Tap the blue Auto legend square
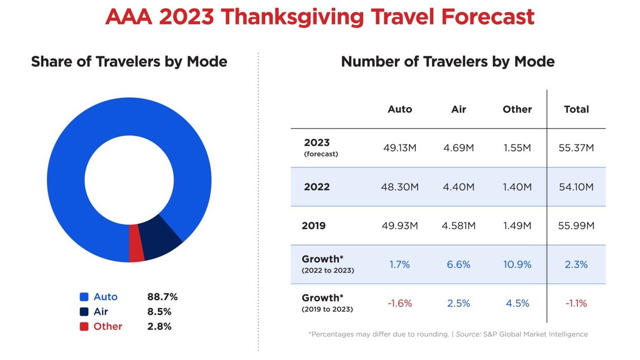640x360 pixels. pyautogui.click(x=84, y=297)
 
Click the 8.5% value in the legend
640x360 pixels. pyautogui.click(x=159, y=312)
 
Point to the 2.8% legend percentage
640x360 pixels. pyautogui.click(x=159, y=327)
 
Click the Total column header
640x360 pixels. pyautogui.click(x=576, y=109)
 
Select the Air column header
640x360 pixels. pyautogui.click(x=459, y=109)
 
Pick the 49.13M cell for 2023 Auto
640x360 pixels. pyautogui.click(x=399, y=148)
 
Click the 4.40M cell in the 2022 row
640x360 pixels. pyautogui.click(x=459, y=187)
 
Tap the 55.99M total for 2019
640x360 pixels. pyautogui.click(x=576, y=226)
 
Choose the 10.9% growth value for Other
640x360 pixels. pyautogui.click(x=517, y=264)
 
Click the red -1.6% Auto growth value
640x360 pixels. pyautogui.click(x=399, y=303)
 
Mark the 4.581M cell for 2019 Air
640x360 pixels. pyautogui.click(x=459, y=226)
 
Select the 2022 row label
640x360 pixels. pyautogui.click(x=317, y=187)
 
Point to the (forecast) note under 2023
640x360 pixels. pyautogui.click(x=321, y=154)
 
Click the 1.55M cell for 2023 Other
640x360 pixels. pyautogui.click(x=517, y=148)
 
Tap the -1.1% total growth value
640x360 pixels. pyautogui.click(x=576, y=303)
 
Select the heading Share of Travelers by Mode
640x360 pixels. pyautogui.click(x=129, y=62)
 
